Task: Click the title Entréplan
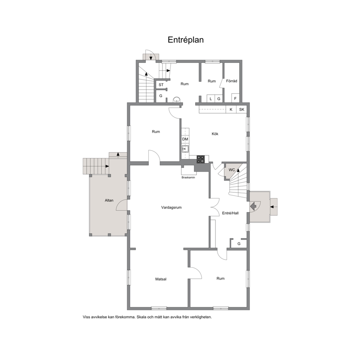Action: click(185, 40)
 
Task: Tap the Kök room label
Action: click(215, 134)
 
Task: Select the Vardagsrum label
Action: click(171, 208)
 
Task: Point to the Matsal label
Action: click(161, 279)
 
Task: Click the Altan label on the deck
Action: click(109, 200)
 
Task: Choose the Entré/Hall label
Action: click(230, 213)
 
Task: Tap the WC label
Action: click(232, 170)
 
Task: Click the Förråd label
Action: click(232, 81)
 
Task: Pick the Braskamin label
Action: click(188, 177)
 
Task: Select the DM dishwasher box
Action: click(185, 139)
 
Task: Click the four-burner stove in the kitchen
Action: click(200, 159)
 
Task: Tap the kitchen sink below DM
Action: click(185, 149)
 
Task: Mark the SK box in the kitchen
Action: click(242, 110)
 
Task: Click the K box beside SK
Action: click(231, 110)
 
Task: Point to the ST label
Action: click(161, 85)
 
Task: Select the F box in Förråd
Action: click(235, 98)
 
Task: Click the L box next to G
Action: click(210, 99)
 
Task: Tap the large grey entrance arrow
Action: click(253, 206)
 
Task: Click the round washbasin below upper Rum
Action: click(176, 99)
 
